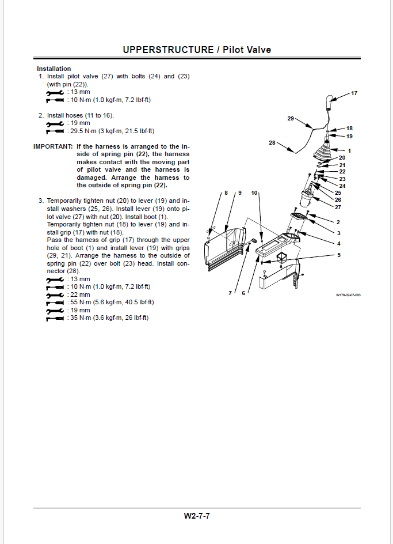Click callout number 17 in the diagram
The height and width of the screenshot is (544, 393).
coord(354,93)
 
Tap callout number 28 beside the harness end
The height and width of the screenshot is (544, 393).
coord(272,142)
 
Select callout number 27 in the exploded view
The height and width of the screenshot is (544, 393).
coord(338,207)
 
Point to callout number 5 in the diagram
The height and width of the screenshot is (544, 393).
coord(338,254)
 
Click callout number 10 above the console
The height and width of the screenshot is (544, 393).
coord(254,192)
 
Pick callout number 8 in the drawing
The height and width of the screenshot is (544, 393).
coord(226,192)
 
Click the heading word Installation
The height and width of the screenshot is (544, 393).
coord(54,69)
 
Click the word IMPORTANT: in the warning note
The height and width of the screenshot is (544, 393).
coord(53,147)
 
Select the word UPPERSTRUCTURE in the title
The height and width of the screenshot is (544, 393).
coord(168,50)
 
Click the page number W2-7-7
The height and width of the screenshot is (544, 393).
coord(197,516)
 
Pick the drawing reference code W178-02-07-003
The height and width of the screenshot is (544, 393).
coord(349,294)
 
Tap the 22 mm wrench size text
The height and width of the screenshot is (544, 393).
coord(79,294)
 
